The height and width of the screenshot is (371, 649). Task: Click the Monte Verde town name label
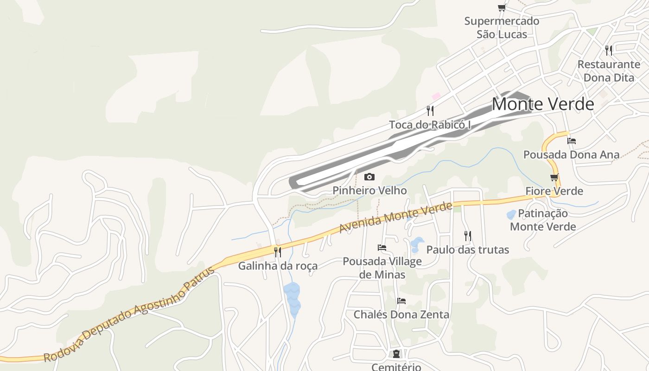542,104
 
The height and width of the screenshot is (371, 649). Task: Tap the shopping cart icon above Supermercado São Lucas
502,7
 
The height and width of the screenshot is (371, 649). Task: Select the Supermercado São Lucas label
502,28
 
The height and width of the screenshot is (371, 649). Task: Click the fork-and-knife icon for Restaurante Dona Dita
609,50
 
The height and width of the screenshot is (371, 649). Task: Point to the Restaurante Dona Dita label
609,71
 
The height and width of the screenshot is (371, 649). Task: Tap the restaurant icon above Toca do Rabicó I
430,110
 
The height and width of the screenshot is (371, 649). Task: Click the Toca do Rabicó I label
430,125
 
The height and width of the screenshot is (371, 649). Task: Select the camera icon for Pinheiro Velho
369,177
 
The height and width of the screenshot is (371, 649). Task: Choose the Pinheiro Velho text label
369,191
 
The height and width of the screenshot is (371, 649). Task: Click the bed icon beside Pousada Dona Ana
572,141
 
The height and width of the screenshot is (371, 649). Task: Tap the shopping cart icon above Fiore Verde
554,177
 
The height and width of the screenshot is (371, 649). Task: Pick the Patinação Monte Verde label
543,220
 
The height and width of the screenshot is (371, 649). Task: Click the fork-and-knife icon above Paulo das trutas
467,236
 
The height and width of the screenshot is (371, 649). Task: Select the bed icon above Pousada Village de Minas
382,248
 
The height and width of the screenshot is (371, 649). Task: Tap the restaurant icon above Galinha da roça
277,252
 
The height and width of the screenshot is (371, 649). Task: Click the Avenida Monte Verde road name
395,217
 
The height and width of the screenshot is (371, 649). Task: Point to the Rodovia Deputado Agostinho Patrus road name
129,314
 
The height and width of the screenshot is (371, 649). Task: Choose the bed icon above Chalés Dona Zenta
401,301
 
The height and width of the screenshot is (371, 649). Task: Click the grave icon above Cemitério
396,354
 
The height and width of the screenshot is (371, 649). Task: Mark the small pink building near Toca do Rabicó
436,96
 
